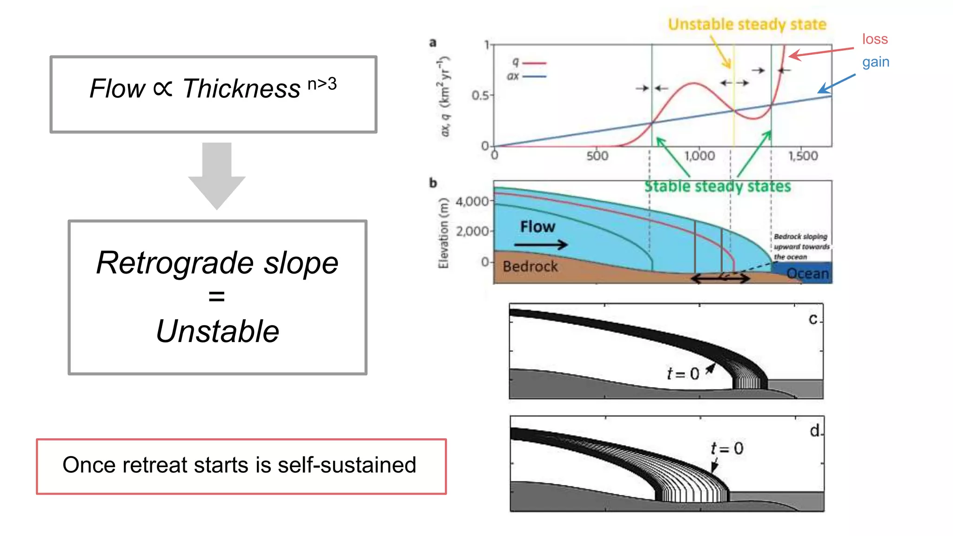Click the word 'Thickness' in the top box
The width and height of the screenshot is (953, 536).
(x=241, y=88)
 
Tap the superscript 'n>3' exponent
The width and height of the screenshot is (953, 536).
(x=322, y=84)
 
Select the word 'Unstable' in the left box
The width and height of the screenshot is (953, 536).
(x=217, y=331)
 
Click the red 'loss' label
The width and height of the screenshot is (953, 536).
(x=875, y=39)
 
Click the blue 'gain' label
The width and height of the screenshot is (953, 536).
(x=875, y=62)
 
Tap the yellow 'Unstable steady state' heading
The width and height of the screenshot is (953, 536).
(x=747, y=24)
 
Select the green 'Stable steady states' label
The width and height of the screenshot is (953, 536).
(x=717, y=187)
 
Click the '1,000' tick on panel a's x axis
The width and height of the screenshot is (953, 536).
(x=699, y=156)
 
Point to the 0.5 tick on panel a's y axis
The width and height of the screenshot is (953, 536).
(x=481, y=95)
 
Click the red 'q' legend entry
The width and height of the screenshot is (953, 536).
(x=528, y=62)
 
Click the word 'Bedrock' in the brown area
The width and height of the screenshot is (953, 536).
(x=530, y=267)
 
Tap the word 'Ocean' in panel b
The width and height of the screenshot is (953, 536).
(x=807, y=274)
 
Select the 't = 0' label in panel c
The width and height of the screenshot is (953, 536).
(x=683, y=374)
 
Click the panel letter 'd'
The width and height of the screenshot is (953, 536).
(x=814, y=431)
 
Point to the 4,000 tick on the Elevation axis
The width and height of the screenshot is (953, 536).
(x=472, y=201)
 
